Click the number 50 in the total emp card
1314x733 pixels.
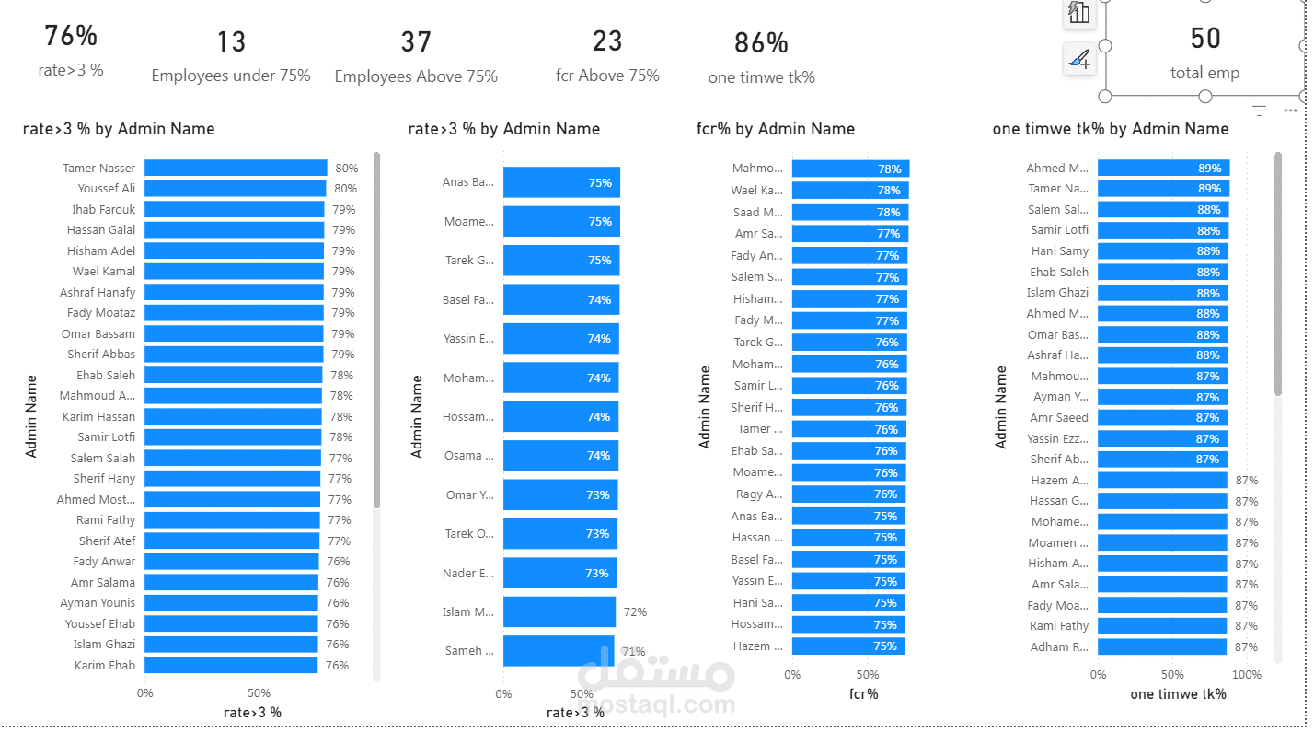click(x=1204, y=38)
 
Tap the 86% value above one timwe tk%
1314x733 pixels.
click(x=761, y=42)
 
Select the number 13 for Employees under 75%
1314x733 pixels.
click(x=231, y=41)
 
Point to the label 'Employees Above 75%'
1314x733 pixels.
click(x=416, y=76)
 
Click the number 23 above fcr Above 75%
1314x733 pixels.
click(x=607, y=41)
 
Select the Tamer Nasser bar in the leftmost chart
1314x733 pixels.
click(x=236, y=168)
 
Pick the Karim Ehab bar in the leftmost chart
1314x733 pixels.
click(x=231, y=665)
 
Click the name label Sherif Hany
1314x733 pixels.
click(x=104, y=479)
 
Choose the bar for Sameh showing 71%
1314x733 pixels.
click(x=558, y=651)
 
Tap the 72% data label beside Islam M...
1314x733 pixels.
click(x=635, y=612)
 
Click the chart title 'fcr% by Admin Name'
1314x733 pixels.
click(x=775, y=129)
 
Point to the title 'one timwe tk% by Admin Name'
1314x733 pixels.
click(x=1110, y=129)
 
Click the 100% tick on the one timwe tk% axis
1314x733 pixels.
click(x=1247, y=675)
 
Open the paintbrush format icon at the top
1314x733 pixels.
click(x=1078, y=60)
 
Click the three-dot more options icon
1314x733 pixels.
click(x=1290, y=111)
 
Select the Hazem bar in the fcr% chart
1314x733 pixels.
click(x=847, y=646)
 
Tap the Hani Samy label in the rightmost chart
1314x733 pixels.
click(x=1059, y=251)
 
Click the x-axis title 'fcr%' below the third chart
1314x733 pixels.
click(x=863, y=694)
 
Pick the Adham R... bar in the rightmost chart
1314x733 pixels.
click(x=1161, y=646)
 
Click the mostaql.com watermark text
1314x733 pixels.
click(x=659, y=705)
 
